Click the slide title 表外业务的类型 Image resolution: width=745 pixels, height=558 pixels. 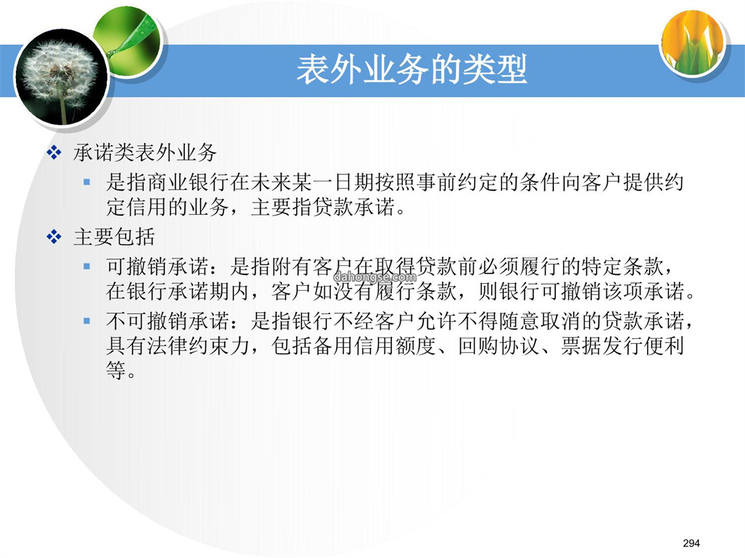(412, 70)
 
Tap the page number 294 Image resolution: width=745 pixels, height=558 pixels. (691, 543)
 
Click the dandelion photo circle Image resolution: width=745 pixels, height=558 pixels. (61, 77)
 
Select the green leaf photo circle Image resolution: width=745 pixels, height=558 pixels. (128, 42)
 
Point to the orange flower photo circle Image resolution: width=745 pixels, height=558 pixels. (693, 43)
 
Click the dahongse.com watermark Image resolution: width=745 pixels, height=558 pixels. (375, 277)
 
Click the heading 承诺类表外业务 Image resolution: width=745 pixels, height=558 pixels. (145, 153)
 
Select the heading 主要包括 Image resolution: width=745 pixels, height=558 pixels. (114, 237)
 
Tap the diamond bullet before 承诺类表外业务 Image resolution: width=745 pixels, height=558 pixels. (54, 153)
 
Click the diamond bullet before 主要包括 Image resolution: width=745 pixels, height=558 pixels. (54, 237)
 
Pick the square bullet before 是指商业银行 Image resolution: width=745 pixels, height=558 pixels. (86, 182)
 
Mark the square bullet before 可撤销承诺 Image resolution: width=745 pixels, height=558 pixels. (86, 266)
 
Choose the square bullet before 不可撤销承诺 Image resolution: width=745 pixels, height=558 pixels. (86, 321)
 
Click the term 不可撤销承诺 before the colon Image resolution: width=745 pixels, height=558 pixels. (168, 321)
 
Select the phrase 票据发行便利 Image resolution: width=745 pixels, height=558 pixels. (622, 346)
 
